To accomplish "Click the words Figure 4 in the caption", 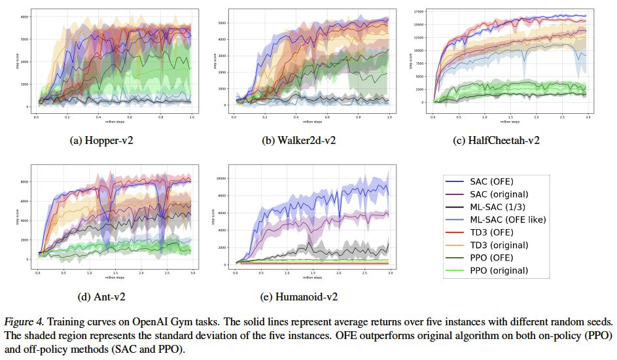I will (22, 322).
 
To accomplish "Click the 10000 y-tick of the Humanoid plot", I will (222, 178).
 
